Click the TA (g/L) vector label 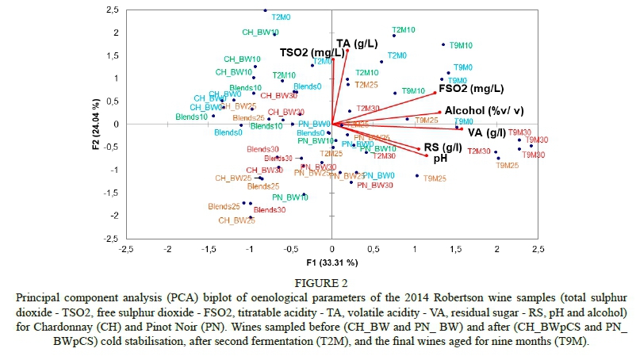(354, 44)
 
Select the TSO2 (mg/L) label (306, 52)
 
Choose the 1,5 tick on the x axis (456, 249)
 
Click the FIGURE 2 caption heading (317, 281)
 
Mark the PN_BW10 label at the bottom (290, 197)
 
